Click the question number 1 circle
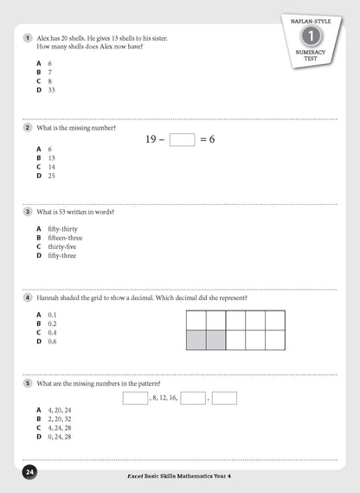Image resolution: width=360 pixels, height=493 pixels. [29, 38]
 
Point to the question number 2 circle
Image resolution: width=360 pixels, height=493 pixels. [29, 128]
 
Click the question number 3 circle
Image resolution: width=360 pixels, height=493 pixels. [29, 211]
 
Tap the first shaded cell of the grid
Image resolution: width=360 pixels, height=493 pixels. [196, 340]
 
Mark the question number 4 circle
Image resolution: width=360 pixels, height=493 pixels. [29, 298]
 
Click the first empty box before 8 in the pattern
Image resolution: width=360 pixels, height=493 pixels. [135, 399]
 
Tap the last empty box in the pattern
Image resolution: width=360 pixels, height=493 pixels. [224, 399]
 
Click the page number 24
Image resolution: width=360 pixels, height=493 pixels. [29, 473]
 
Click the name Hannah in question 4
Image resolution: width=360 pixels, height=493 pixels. [48, 298]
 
